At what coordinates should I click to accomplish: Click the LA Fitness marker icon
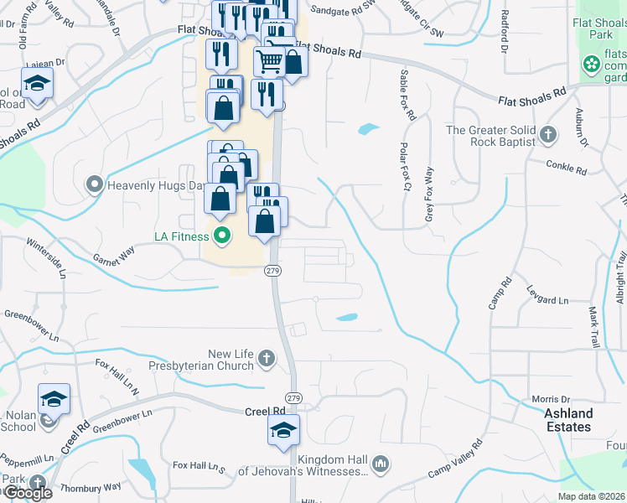pos(222,236)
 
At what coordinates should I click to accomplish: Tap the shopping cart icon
pos(269,61)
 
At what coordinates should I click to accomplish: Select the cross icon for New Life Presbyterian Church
pos(266,360)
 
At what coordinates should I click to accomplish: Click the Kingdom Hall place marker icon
pos(380,464)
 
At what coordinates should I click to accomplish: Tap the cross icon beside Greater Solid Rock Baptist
pos(547,135)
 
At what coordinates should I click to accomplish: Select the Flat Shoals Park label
pos(601,29)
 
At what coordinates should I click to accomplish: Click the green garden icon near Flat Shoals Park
pos(591,63)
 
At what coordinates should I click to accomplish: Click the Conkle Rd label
pos(567,169)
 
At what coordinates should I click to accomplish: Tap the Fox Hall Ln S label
pos(199,465)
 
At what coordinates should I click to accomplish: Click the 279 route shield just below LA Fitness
pos(272,271)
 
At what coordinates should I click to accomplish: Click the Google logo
pos(27,493)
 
